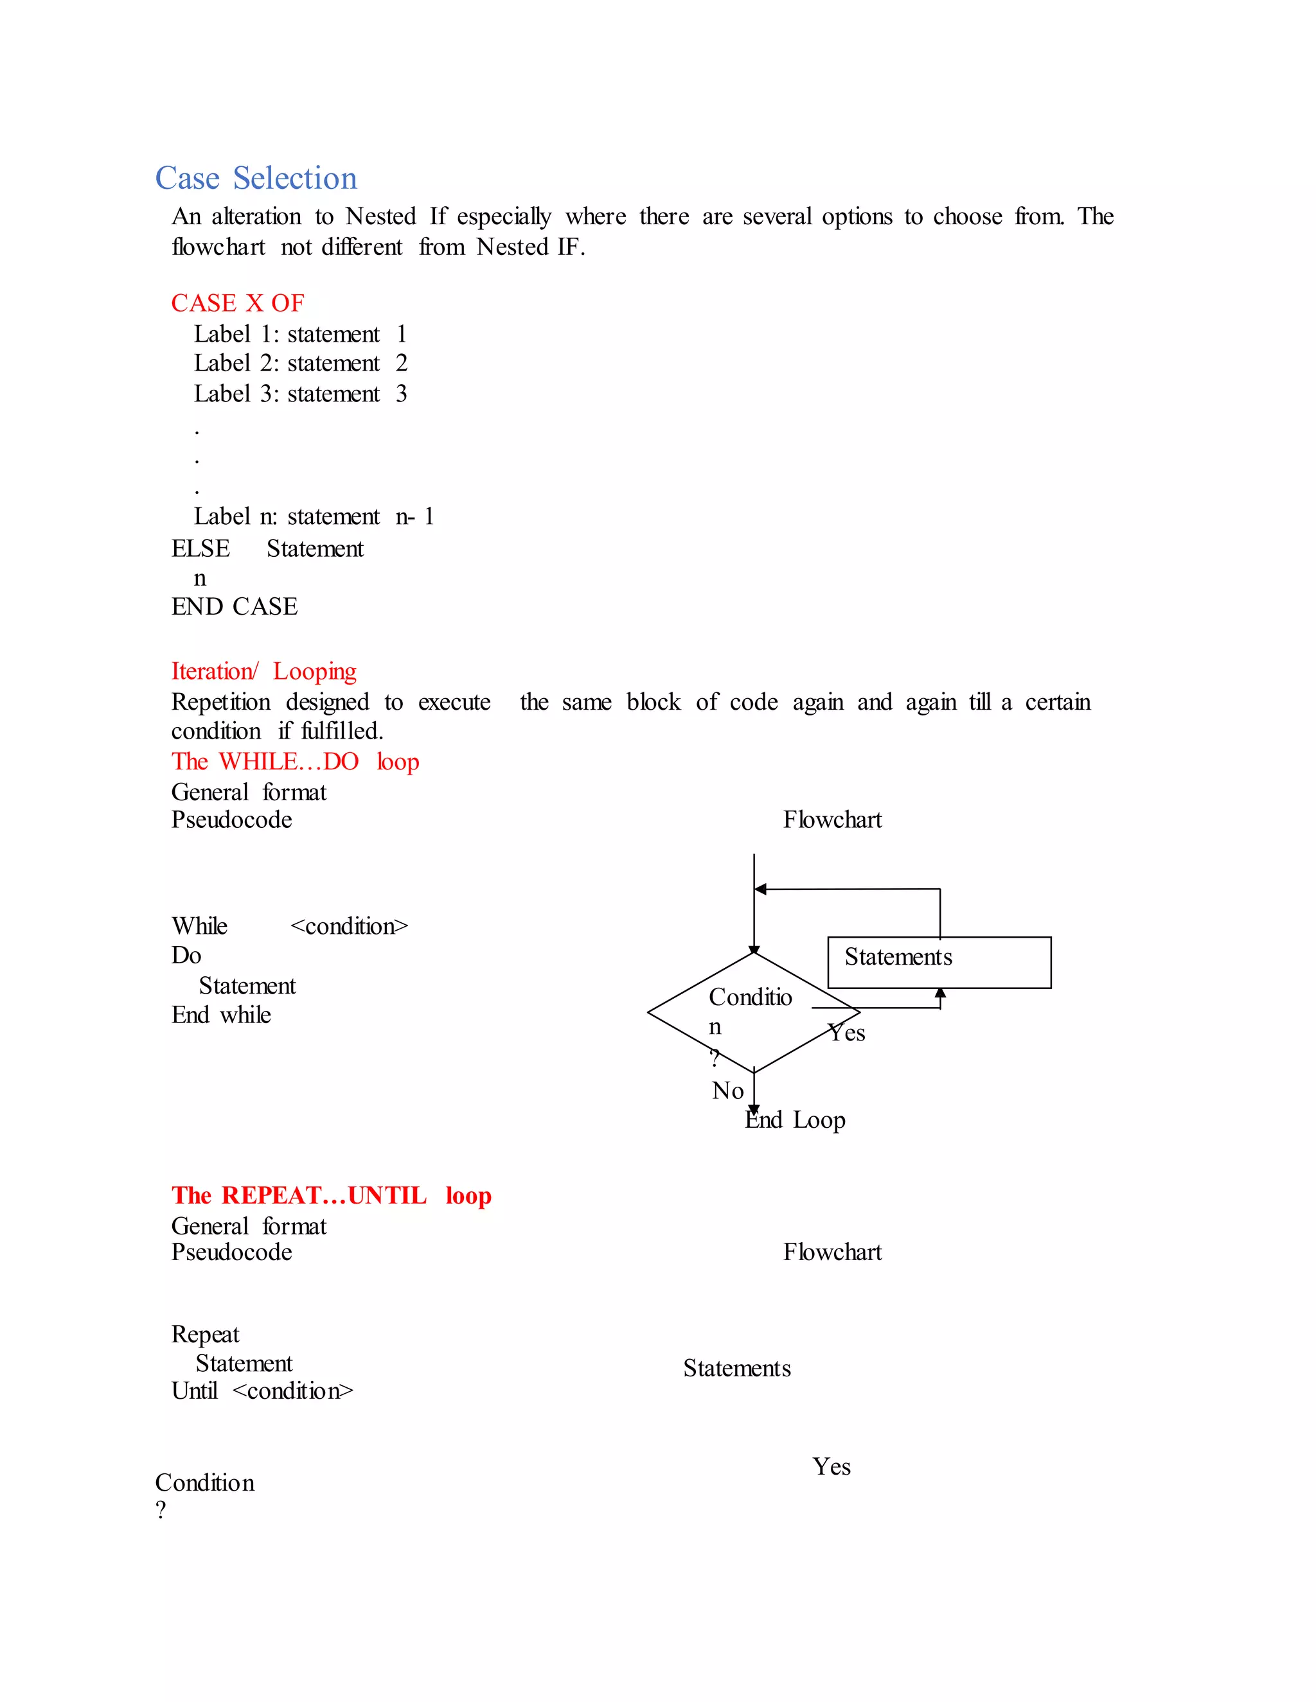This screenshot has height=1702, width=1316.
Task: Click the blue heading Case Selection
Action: pos(256,179)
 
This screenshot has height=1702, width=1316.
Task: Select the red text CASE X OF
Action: pos(238,303)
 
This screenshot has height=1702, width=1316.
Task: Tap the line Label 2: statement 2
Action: pos(300,363)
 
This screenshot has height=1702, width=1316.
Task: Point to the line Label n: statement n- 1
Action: pos(314,516)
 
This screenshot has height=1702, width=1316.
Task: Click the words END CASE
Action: pos(235,606)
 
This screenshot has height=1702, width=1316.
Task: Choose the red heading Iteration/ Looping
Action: pos(263,671)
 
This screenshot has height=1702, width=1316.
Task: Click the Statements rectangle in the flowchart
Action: pos(939,963)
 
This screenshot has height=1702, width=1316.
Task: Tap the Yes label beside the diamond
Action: pos(847,1033)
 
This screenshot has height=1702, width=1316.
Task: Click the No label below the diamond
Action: pos(727,1091)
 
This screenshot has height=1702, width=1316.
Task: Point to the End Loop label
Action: pos(796,1120)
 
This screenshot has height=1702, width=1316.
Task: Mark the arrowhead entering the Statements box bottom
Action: pos(940,994)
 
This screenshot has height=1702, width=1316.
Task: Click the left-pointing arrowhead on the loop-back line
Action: pos(761,889)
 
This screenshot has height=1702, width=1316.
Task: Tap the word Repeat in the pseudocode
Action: pos(205,1334)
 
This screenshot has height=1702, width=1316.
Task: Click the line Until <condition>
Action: pos(262,1391)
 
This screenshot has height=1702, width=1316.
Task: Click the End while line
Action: pos(222,1015)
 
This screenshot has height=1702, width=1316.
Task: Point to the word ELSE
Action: pos(200,548)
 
